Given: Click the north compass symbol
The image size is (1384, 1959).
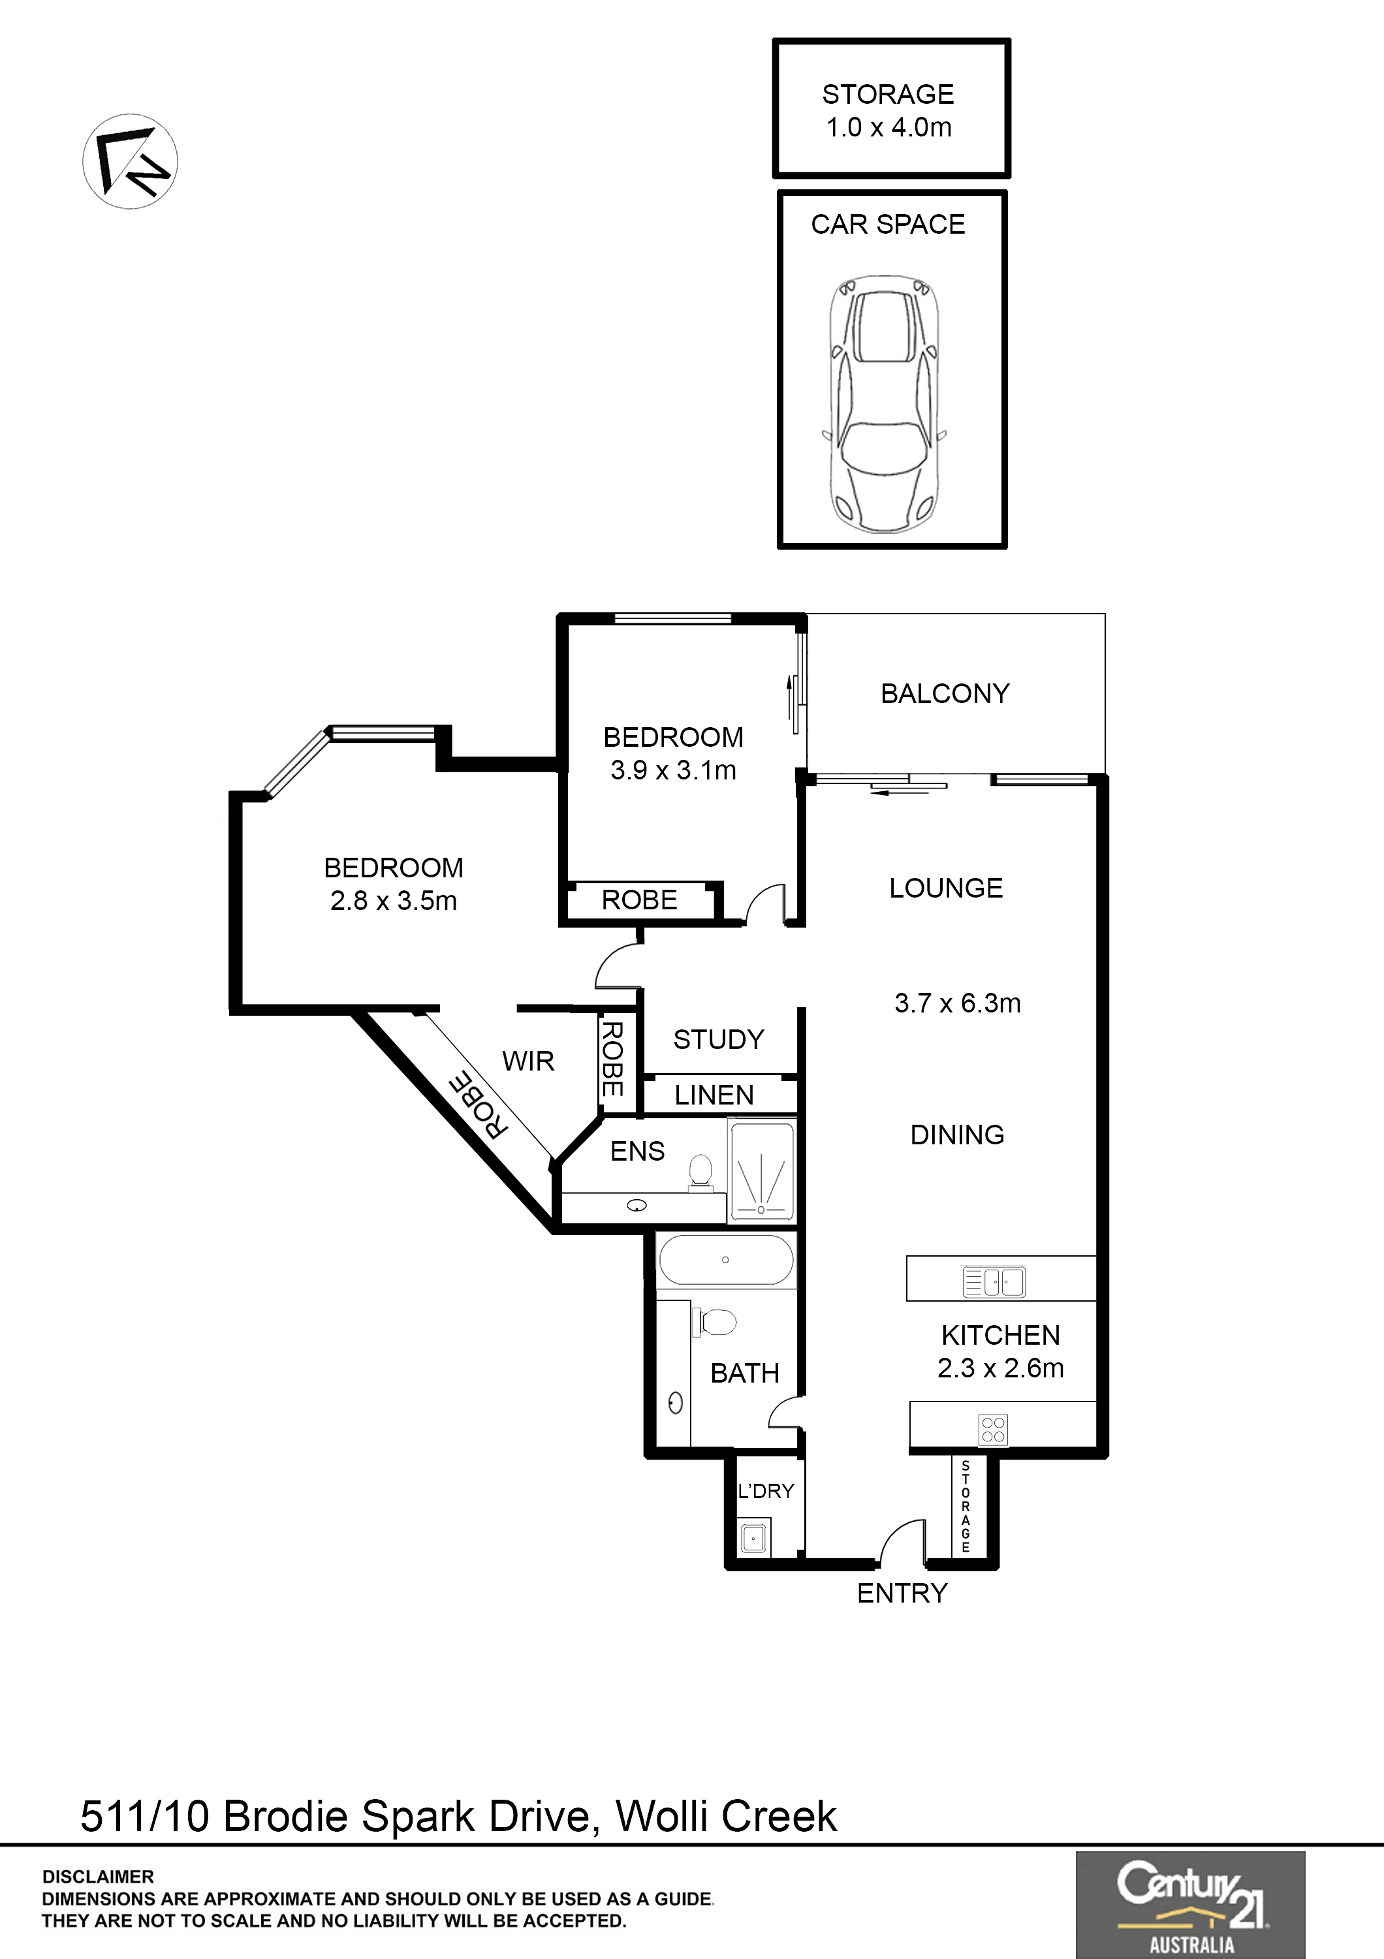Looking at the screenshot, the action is click(x=130, y=161).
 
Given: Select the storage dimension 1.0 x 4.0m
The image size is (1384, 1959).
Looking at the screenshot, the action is click(x=889, y=127).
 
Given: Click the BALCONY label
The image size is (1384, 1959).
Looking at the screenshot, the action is click(x=945, y=694).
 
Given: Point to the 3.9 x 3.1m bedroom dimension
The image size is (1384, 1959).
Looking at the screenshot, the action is click(x=673, y=770).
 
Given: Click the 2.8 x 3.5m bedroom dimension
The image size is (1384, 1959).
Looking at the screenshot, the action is click(x=394, y=900).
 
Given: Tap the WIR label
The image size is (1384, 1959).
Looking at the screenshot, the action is click(x=528, y=1061).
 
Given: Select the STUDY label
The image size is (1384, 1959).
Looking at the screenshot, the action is click(x=719, y=1039).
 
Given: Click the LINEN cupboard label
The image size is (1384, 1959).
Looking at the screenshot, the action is click(x=714, y=1095).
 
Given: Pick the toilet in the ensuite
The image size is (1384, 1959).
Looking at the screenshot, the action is click(x=700, y=1170).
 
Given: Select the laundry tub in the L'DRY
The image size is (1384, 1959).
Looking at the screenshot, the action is click(x=753, y=1539).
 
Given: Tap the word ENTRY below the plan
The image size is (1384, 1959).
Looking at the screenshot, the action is click(x=902, y=1593).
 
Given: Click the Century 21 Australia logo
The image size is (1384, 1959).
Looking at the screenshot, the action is click(x=1190, y=1904).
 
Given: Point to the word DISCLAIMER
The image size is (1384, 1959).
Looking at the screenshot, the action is click(x=98, y=1877).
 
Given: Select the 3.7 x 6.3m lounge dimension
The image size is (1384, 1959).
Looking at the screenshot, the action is click(x=957, y=1003).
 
